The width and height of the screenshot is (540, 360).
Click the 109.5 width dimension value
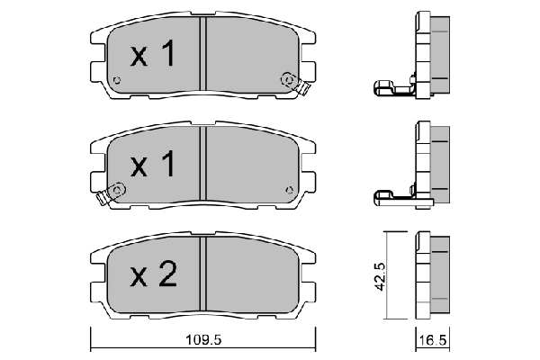pos(203,340)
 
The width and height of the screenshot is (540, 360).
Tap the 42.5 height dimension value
pos(380,276)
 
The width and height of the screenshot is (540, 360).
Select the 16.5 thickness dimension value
pos(433,340)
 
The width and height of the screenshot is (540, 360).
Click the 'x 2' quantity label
pos(154,274)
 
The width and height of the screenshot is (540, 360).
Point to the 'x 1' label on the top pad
pos(153,53)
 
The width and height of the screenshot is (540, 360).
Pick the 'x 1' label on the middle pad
pos(153,163)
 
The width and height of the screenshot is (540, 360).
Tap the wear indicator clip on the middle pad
pos(111,194)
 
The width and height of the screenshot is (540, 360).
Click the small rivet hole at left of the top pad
pos(117,80)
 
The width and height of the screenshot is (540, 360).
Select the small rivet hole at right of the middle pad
pos(289,190)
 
